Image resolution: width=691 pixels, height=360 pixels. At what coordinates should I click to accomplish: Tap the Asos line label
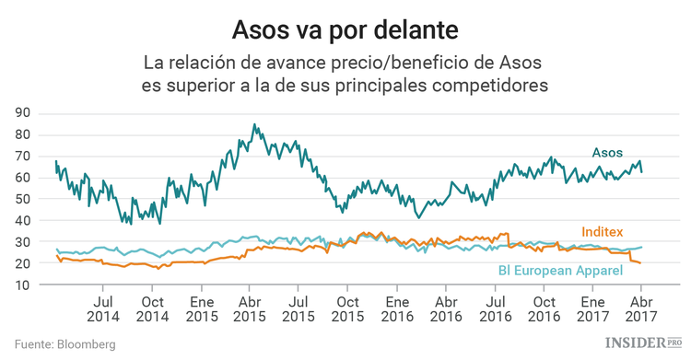[606, 152]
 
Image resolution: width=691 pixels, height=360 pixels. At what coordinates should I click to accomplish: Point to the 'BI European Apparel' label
[561, 270]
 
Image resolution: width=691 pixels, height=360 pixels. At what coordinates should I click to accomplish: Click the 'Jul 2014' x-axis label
[104, 308]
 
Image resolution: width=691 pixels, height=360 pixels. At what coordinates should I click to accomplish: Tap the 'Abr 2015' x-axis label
[248, 308]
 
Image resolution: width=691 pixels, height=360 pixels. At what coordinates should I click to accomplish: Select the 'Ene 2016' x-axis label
[397, 308]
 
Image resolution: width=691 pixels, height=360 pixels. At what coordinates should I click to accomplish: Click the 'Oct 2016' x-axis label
[544, 308]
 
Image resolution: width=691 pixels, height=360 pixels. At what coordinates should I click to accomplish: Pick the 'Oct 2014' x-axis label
[153, 308]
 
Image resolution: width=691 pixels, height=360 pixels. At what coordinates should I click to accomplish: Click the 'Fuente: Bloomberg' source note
[64, 344]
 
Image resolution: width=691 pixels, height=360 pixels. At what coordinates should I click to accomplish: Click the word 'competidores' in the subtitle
[494, 86]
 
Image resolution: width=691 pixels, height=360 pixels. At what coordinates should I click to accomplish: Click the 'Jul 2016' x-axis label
[494, 308]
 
